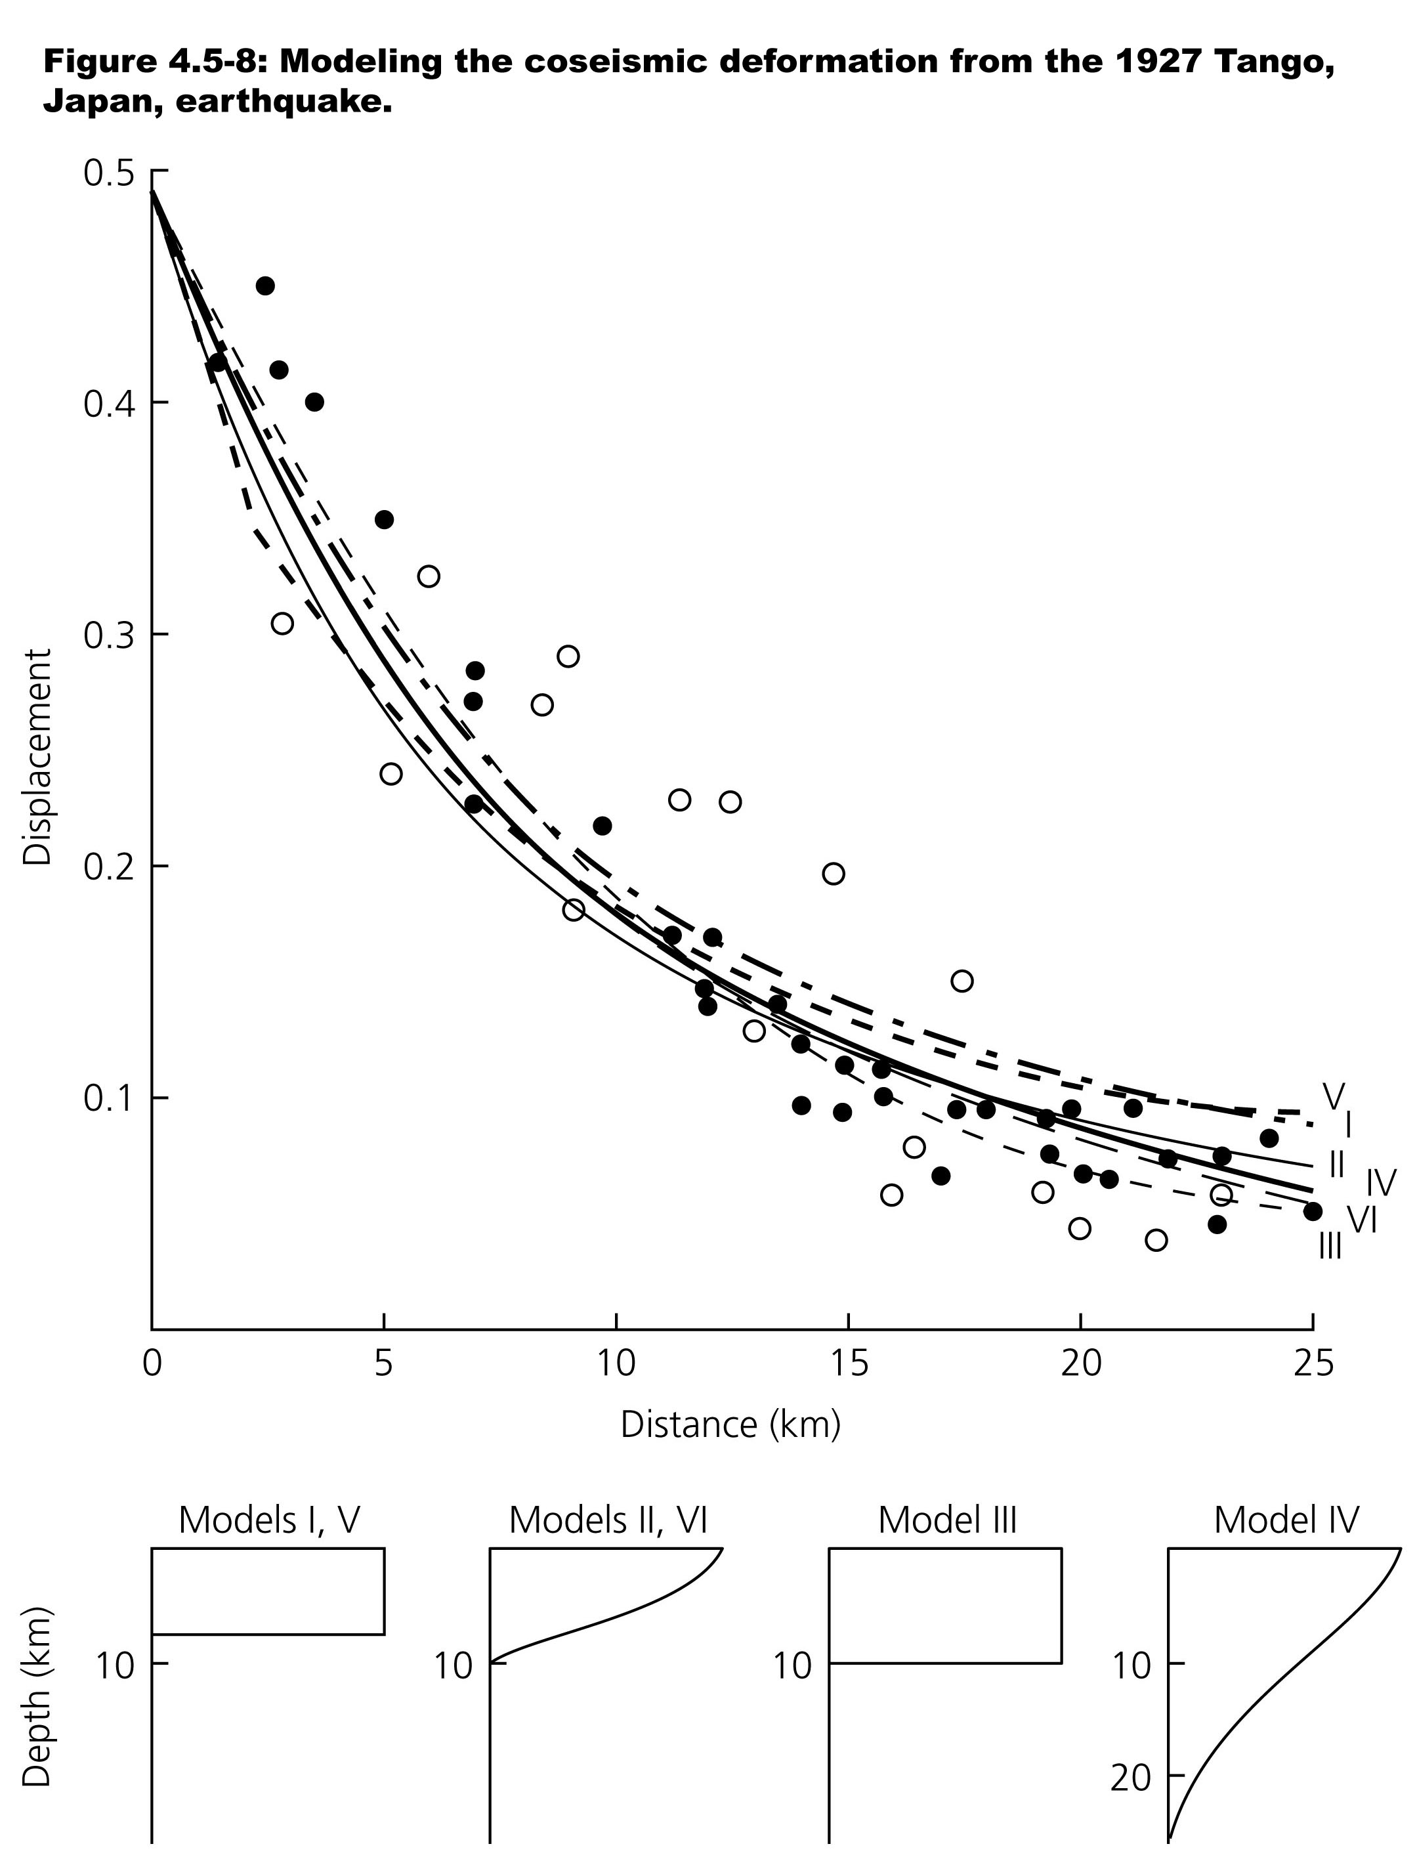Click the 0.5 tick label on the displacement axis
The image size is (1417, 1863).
tap(108, 172)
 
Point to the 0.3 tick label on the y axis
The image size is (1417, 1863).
tap(108, 636)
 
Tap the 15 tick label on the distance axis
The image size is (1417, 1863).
tap(849, 1363)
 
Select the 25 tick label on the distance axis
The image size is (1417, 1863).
tap(1313, 1363)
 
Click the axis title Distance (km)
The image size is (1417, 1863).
tap(730, 1424)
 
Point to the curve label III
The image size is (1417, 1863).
tap(1330, 1246)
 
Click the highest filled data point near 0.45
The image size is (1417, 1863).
tap(265, 286)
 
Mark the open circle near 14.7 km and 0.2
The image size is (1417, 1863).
tap(834, 874)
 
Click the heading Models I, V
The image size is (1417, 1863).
tap(269, 1520)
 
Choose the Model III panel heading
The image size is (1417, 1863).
tap(947, 1520)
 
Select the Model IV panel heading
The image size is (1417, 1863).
tap(1286, 1520)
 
